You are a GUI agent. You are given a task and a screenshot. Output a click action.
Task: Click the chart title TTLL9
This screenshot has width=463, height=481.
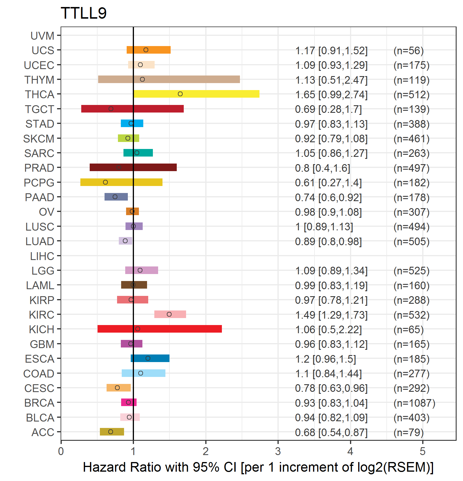84,13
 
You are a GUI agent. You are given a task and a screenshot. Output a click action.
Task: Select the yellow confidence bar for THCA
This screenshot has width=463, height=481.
196,94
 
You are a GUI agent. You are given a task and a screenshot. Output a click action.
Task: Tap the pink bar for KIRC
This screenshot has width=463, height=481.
170,314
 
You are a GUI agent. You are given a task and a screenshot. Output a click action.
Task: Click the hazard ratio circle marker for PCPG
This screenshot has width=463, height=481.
105,182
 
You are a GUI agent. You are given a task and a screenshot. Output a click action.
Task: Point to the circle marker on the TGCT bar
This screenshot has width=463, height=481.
111,109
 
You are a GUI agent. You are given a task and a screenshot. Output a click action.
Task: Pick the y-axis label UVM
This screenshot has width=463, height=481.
43,36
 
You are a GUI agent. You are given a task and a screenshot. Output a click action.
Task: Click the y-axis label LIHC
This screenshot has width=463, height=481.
42,256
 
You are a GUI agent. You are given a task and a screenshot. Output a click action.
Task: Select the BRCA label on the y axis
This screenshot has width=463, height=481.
39,403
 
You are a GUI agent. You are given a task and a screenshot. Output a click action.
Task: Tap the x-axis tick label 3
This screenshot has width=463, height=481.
278,451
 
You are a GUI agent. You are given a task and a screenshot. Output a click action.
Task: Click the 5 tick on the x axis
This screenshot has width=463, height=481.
423,451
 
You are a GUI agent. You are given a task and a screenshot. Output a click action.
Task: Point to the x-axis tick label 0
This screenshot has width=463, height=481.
61,451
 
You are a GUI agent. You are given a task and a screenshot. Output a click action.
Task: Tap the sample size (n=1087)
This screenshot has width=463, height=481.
414,403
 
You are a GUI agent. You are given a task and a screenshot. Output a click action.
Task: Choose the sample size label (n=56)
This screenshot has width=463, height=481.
408,51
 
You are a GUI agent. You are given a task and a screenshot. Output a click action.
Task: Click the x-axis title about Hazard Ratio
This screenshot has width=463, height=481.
258,467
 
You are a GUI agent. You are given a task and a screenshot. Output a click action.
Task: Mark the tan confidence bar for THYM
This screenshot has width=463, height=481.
169,79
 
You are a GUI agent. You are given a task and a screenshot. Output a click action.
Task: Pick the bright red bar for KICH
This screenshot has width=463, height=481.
160,329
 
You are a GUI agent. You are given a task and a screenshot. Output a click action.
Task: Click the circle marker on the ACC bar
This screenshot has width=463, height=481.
111,432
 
